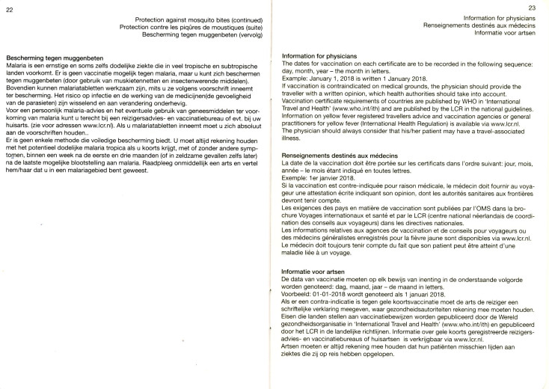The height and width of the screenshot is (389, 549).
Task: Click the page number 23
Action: [x=533, y=8]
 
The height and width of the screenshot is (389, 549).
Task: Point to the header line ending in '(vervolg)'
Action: [x=197, y=35]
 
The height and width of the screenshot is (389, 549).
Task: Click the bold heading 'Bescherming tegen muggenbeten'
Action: [x=53, y=58]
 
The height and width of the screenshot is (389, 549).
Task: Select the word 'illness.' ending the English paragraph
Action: [x=293, y=138]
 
